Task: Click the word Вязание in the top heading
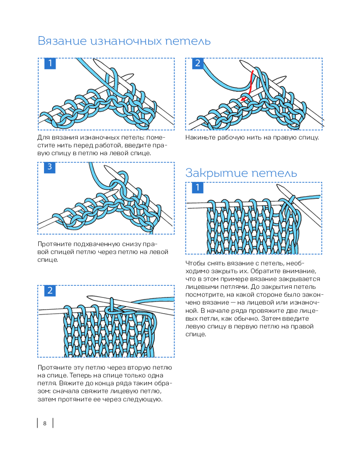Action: tap(62, 41)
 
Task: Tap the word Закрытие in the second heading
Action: tap(210, 173)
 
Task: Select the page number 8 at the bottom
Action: tap(45, 423)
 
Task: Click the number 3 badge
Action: tap(49, 167)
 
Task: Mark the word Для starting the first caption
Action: tap(43, 137)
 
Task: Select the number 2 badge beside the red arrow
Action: tap(198, 63)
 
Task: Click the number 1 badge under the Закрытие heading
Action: tap(198, 187)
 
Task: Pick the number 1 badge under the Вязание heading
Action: tap(49, 63)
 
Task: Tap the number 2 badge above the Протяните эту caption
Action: tap(49, 291)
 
